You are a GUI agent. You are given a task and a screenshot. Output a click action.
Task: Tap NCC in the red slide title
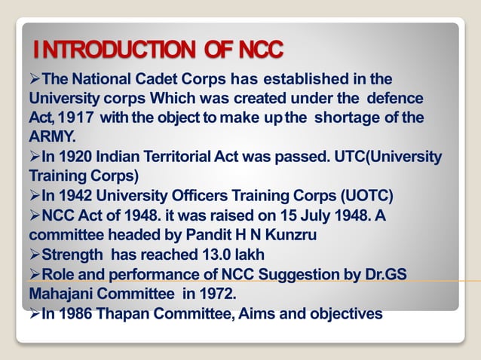(259, 50)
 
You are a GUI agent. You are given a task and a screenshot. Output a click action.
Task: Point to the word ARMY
(52, 137)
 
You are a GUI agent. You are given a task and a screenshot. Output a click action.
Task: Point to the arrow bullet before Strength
(34, 255)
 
